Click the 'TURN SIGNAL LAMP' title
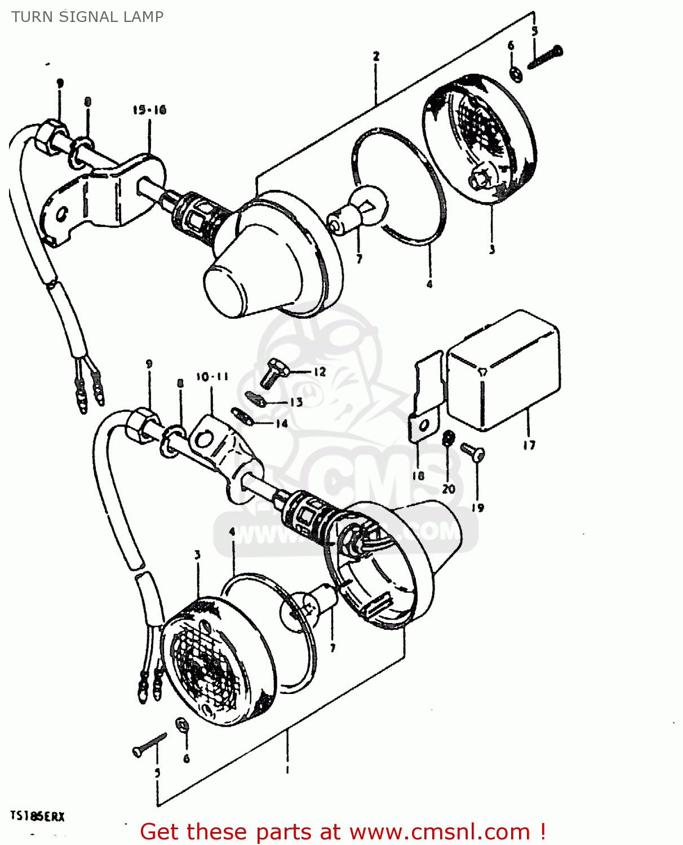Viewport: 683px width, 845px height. point(87,17)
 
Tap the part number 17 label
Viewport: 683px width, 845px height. point(529,445)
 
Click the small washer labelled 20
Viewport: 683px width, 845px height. point(449,438)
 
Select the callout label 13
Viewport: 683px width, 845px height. point(296,402)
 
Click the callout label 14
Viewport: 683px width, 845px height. point(282,424)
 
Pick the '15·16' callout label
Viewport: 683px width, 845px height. point(149,110)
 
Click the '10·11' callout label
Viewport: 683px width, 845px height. point(212,376)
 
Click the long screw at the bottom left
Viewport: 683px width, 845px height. point(149,744)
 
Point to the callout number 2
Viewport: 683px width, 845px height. point(376,56)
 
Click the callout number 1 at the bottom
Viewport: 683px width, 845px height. point(287,770)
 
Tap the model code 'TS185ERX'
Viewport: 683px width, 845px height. point(37,816)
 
